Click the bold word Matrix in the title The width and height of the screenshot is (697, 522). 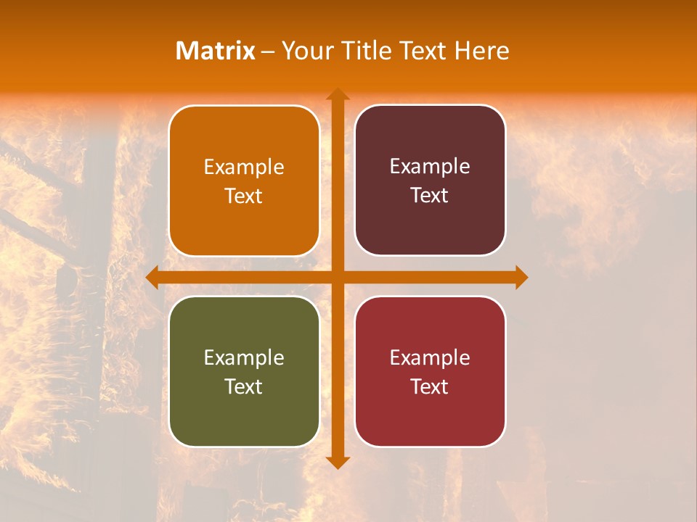[216, 51]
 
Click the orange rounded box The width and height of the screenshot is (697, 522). [244, 138]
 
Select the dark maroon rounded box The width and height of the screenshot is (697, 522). [430, 138]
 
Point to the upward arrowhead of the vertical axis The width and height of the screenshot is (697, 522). [338, 94]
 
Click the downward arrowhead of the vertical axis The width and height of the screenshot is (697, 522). [338, 462]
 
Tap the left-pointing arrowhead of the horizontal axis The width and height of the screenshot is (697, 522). [152, 278]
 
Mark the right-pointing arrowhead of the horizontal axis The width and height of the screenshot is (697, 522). [521, 278]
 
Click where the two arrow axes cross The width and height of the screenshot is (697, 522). [338, 278]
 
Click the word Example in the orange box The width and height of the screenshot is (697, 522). [244, 167]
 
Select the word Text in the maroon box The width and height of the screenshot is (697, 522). [430, 196]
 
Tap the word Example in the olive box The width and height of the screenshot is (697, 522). [244, 357]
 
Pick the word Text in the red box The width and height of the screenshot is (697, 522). [430, 386]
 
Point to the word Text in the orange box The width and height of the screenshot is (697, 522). [244, 196]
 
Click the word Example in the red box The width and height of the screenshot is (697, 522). [430, 357]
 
